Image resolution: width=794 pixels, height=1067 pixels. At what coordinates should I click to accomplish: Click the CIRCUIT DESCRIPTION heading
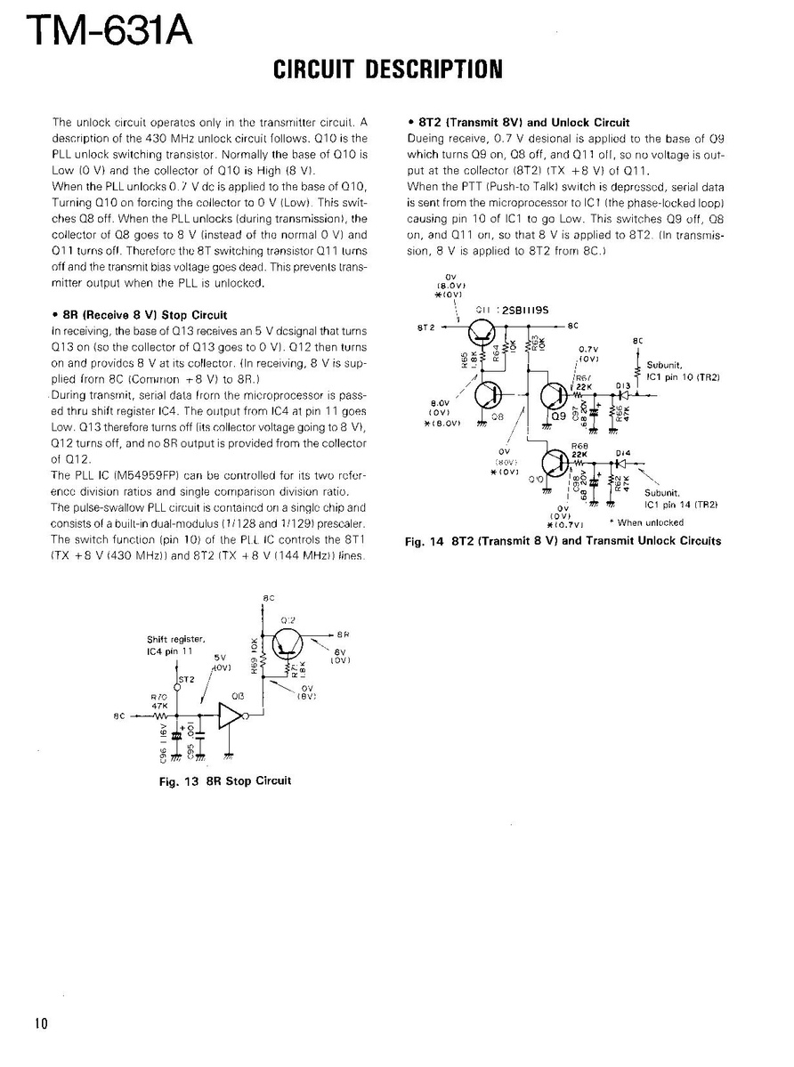(387, 69)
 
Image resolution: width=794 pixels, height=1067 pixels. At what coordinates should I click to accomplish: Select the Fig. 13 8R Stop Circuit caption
(224, 780)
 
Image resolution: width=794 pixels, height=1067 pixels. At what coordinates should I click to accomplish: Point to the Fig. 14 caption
(563, 541)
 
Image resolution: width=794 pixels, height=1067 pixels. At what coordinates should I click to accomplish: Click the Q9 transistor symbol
(554, 394)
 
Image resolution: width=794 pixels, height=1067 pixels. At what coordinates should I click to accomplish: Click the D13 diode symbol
(625, 393)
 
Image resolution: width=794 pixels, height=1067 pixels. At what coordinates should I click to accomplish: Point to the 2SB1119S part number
(526, 310)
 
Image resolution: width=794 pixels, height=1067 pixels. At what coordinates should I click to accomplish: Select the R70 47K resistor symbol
(162, 715)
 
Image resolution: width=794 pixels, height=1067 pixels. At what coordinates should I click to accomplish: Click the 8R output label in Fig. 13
(343, 635)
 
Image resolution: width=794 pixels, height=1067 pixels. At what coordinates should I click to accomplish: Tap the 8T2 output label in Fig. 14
(425, 327)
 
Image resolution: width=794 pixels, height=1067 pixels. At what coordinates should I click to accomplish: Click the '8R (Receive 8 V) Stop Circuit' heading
(140, 314)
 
